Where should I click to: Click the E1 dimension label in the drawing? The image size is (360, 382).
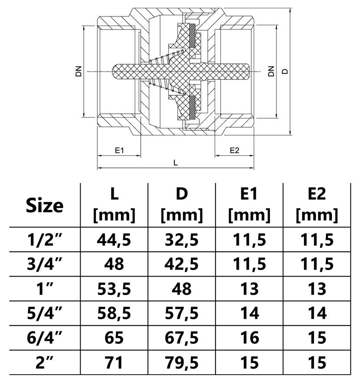point(120,150)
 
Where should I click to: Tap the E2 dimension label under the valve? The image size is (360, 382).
point(234,150)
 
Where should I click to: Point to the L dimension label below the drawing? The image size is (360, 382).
point(175,163)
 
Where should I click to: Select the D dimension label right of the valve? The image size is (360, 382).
point(285,71)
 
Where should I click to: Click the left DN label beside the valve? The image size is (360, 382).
point(79,71)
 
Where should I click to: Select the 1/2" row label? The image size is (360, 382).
point(45,239)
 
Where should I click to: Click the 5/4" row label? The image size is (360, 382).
point(45,313)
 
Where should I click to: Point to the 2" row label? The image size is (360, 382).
point(45,362)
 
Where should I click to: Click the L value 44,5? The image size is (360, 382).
point(115,239)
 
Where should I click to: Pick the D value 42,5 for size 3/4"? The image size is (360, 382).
point(182,263)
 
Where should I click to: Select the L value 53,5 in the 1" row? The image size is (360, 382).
point(115,288)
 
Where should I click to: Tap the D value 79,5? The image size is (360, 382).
point(182,362)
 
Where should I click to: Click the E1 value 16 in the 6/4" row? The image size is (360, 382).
point(249,337)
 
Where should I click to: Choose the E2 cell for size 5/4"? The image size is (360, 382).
point(317,313)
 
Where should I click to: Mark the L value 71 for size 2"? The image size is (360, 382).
point(115,362)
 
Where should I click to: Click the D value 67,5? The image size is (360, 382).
point(182,337)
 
